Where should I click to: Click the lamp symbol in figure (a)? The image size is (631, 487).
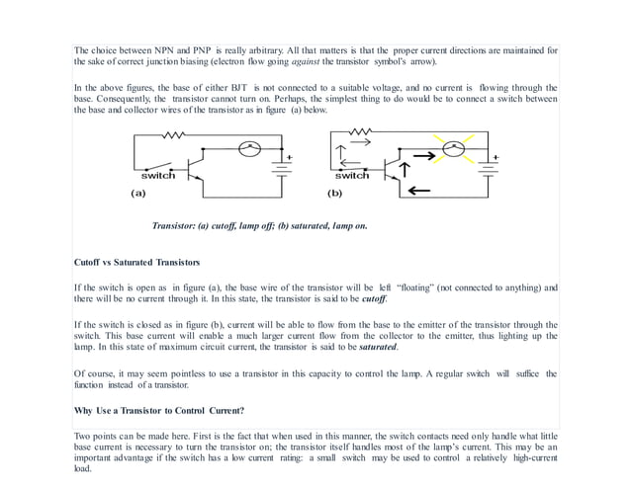[251, 148]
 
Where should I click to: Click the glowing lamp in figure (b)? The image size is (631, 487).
[454, 149]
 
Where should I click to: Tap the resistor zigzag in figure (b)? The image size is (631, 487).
[361, 132]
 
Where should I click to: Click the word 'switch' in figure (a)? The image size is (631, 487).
[157, 176]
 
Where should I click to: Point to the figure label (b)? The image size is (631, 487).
[335, 194]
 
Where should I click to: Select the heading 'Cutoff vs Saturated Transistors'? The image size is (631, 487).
[137, 263]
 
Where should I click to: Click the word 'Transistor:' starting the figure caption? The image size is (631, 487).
[176, 226]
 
